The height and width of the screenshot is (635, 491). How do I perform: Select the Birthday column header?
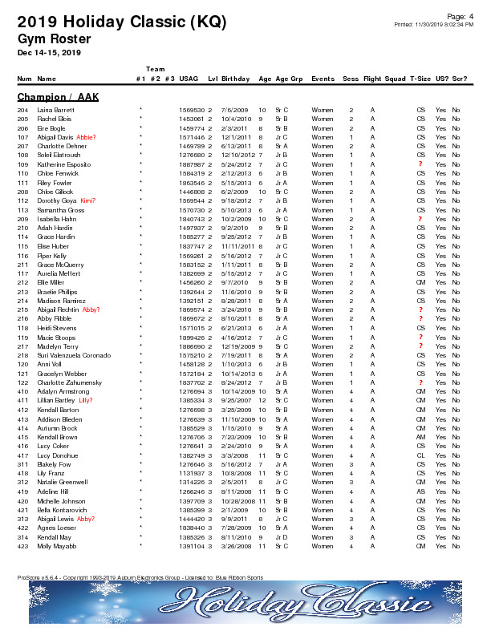coord(234,79)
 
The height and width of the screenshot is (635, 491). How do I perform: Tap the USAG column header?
coord(189,79)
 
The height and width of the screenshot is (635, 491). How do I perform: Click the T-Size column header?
coord(420,79)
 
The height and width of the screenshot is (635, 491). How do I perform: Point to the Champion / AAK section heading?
coord(58,97)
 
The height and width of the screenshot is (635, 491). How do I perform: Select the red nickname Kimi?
coord(88,200)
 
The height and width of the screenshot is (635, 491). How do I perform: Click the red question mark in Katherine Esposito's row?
coord(420,164)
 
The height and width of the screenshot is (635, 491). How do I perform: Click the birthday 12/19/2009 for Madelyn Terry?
coord(234,346)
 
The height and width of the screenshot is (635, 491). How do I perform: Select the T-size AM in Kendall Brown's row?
coord(420,436)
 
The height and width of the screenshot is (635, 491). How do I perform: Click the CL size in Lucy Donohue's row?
coord(420,455)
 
